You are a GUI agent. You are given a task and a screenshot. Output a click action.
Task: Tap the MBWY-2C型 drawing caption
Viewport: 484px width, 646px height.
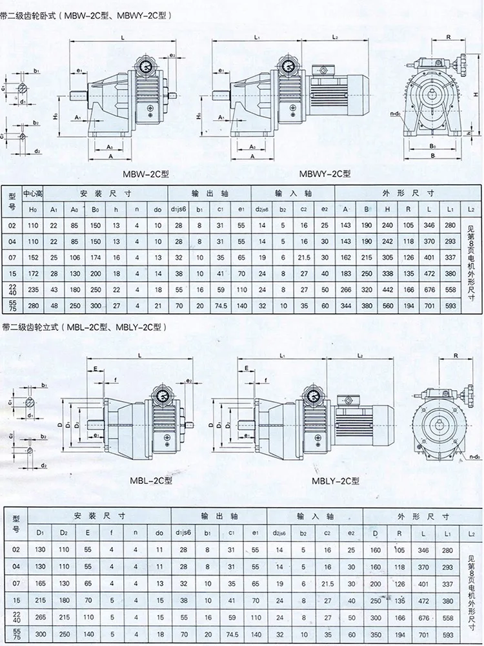(x=325, y=174)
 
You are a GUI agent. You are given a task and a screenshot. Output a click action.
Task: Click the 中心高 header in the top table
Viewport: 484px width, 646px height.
(x=33, y=193)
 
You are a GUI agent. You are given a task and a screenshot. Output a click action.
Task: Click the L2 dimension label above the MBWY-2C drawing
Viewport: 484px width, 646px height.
(x=336, y=38)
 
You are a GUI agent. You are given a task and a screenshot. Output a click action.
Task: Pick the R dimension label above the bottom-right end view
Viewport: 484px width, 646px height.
(x=455, y=355)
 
